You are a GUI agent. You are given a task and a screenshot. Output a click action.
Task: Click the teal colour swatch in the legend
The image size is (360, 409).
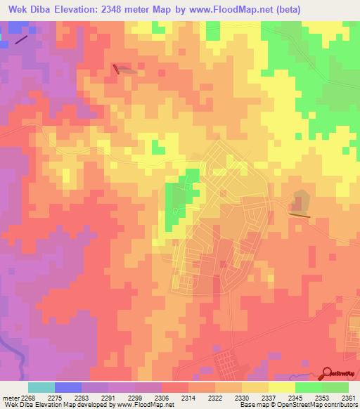41,387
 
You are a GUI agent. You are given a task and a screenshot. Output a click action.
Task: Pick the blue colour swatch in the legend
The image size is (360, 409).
68,387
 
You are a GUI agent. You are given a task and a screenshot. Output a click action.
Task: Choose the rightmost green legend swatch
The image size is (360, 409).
335,387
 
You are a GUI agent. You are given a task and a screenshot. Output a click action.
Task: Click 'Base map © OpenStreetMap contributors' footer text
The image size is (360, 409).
297,405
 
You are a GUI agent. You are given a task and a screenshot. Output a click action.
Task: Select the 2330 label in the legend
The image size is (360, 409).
227,397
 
